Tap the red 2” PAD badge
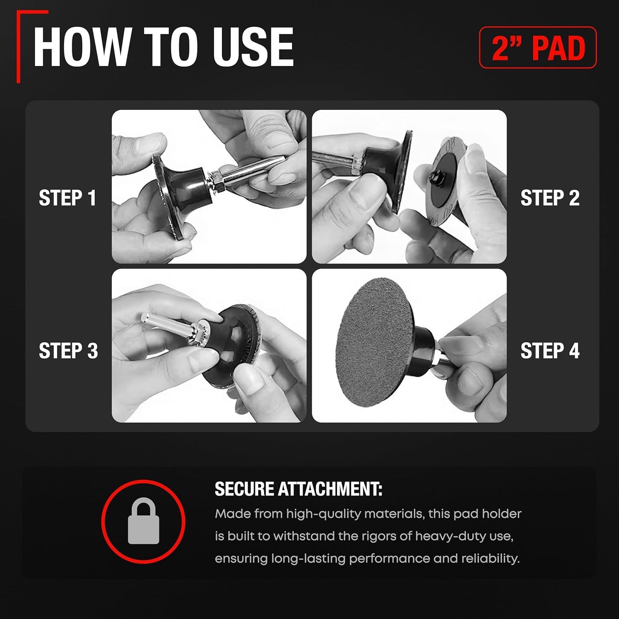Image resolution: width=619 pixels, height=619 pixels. pyautogui.click(x=538, y=48)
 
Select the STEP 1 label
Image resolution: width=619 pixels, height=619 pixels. pyautogui.click(x=67, y=198)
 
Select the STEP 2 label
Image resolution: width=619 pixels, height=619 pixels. pyautogui.click(x=550, y=198)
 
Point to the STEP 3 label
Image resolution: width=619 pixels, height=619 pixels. pyautogui.click(x=68, y=351)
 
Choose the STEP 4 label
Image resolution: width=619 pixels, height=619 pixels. pyautogui.click(x=550, y=351)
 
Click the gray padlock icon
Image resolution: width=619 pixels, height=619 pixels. pyautogui.click(x=144, y=521)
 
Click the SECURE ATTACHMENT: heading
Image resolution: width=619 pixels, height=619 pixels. pyautogui.click(x=298, y=489)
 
